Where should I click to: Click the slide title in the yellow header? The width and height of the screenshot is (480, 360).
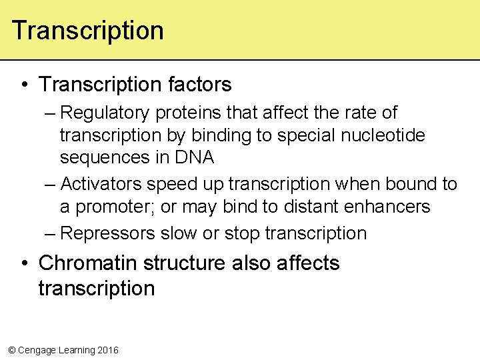pyautogui.click(x=87, y=31)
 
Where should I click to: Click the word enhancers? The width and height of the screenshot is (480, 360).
pyautogui.click(x=387, y=207)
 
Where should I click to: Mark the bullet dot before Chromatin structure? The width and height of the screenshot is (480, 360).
pyautogui.click(x=25, y=263)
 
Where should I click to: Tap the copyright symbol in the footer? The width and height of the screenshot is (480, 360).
pyautogui.click(x=11, y=350)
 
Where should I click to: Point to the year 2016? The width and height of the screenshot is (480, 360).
pyautogui.click(x=107, y=350)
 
